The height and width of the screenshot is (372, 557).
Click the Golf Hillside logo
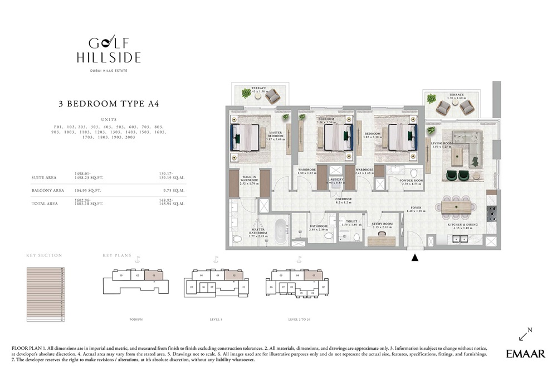click(109, 51)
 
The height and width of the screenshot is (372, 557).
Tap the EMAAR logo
click(525, 354)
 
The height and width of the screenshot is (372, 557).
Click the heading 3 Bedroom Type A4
click(109, 104)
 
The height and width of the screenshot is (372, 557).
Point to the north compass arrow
click(525, 334)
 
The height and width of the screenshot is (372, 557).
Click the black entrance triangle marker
click(414, 258)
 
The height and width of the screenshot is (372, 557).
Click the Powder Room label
click(412, 182)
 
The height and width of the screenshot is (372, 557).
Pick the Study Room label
click(382, 225)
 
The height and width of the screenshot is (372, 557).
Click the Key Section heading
click(44, 255)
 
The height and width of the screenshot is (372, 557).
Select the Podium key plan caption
click(136, 320)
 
